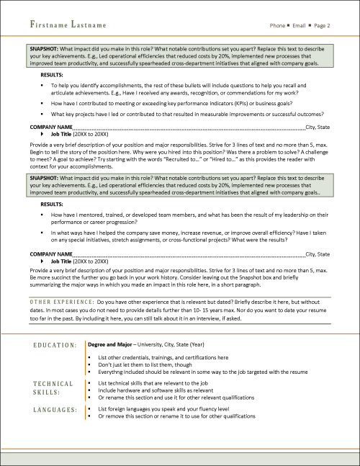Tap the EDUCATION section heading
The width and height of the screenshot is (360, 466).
[56, 346]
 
